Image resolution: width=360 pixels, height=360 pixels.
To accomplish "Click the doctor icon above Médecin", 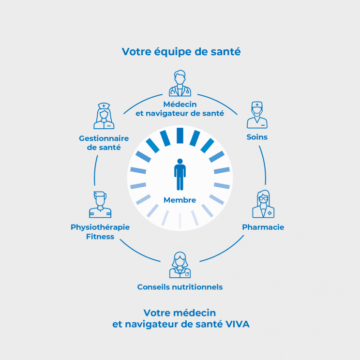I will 180,84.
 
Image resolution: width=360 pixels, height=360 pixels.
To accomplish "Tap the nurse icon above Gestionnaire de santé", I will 104,116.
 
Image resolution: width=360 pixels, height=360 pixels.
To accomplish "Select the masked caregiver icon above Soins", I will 256,114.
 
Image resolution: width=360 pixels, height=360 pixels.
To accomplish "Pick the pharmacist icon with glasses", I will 263,204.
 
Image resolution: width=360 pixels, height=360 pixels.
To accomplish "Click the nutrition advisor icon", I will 180,265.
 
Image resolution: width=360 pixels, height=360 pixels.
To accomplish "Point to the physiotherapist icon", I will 100,205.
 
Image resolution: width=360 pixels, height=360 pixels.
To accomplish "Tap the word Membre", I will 180,200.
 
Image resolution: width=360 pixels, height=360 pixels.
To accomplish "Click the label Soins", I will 257,137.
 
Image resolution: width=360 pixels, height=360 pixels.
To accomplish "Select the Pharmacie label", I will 263,227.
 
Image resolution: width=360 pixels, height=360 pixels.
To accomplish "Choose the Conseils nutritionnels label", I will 180,287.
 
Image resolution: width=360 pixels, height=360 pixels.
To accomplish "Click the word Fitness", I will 100,237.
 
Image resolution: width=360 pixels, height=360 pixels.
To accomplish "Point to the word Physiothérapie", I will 100,227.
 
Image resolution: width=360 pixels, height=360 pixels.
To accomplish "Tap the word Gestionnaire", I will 104,138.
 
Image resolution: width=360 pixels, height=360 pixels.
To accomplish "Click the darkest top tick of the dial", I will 180,135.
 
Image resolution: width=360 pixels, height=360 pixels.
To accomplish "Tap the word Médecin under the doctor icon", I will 180,104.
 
